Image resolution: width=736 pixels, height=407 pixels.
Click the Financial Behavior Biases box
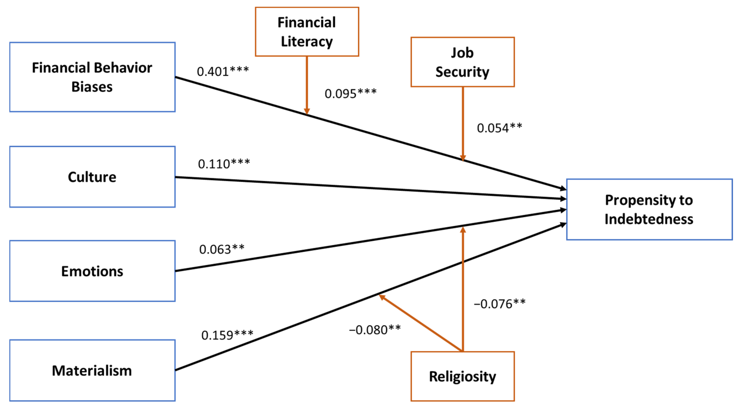pos(92,77)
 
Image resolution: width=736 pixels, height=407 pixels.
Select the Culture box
pos(92,177)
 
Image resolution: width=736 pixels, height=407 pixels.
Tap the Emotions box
pos(92,271)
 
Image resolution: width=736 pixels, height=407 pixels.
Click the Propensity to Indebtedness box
pos(649,210)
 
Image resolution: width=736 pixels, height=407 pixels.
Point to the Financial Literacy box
pos(307,32)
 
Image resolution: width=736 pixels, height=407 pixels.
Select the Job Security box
pos(462,62)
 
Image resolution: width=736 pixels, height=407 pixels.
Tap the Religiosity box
pos(462,376)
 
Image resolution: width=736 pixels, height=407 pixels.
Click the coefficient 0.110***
pos(224,164)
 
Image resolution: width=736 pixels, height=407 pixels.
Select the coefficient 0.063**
pos(222,249)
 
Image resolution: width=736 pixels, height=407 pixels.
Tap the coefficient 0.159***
pos(227,335)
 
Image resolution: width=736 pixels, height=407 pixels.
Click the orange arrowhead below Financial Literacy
pos(307,111)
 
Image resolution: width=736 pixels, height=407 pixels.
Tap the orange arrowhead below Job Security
pos(463,158)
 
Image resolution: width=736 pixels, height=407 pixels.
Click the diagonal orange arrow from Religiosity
pos(420,323)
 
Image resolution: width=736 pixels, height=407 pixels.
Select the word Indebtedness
pos(649,219)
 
